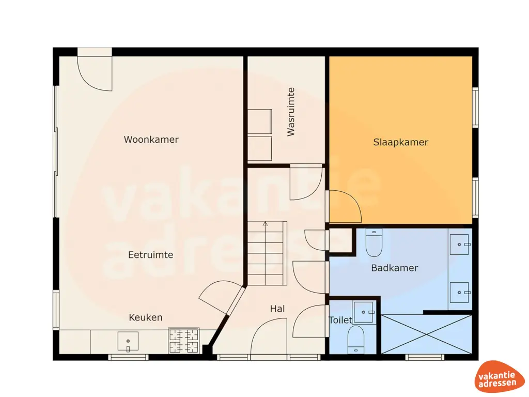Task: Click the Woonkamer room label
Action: [151, 140]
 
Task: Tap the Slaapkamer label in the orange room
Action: [400, 142]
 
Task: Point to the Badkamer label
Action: [394, 268]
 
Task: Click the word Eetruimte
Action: [150, 255]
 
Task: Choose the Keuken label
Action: [145, 317]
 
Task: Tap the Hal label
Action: [277, 309]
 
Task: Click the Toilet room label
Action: [340, 320]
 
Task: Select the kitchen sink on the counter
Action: [128, 341]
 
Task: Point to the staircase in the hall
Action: [266, 253]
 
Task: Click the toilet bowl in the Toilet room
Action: [356, 340]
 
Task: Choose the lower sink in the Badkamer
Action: [459, 292]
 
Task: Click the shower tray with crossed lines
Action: [426, 334]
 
